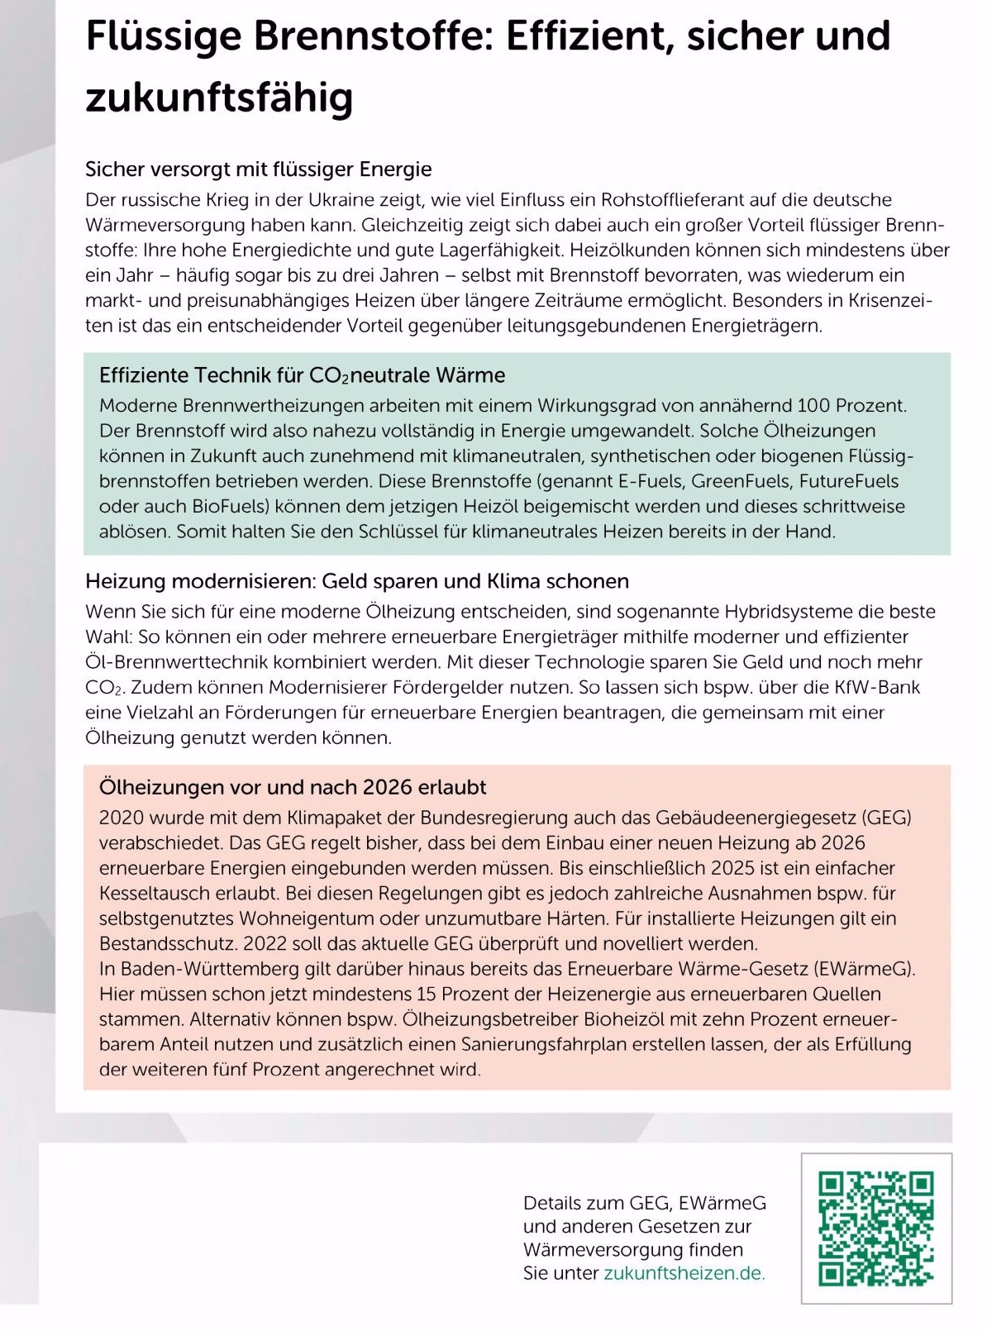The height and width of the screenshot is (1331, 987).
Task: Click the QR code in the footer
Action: [x=876, y=1228]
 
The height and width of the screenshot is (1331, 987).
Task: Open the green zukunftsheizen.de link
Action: [x=684, y=1273]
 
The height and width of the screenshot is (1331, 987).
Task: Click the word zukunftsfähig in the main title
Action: [x=219, y=97]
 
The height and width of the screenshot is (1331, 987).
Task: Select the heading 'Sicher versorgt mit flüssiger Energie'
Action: [x=258, y=169]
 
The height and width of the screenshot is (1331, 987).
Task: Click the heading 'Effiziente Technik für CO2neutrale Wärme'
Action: [x=302, y=375]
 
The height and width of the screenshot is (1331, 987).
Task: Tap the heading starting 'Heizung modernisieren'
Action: [x=356, y=581]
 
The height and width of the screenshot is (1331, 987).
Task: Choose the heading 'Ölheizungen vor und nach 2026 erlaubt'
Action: [x=293, y=787]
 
